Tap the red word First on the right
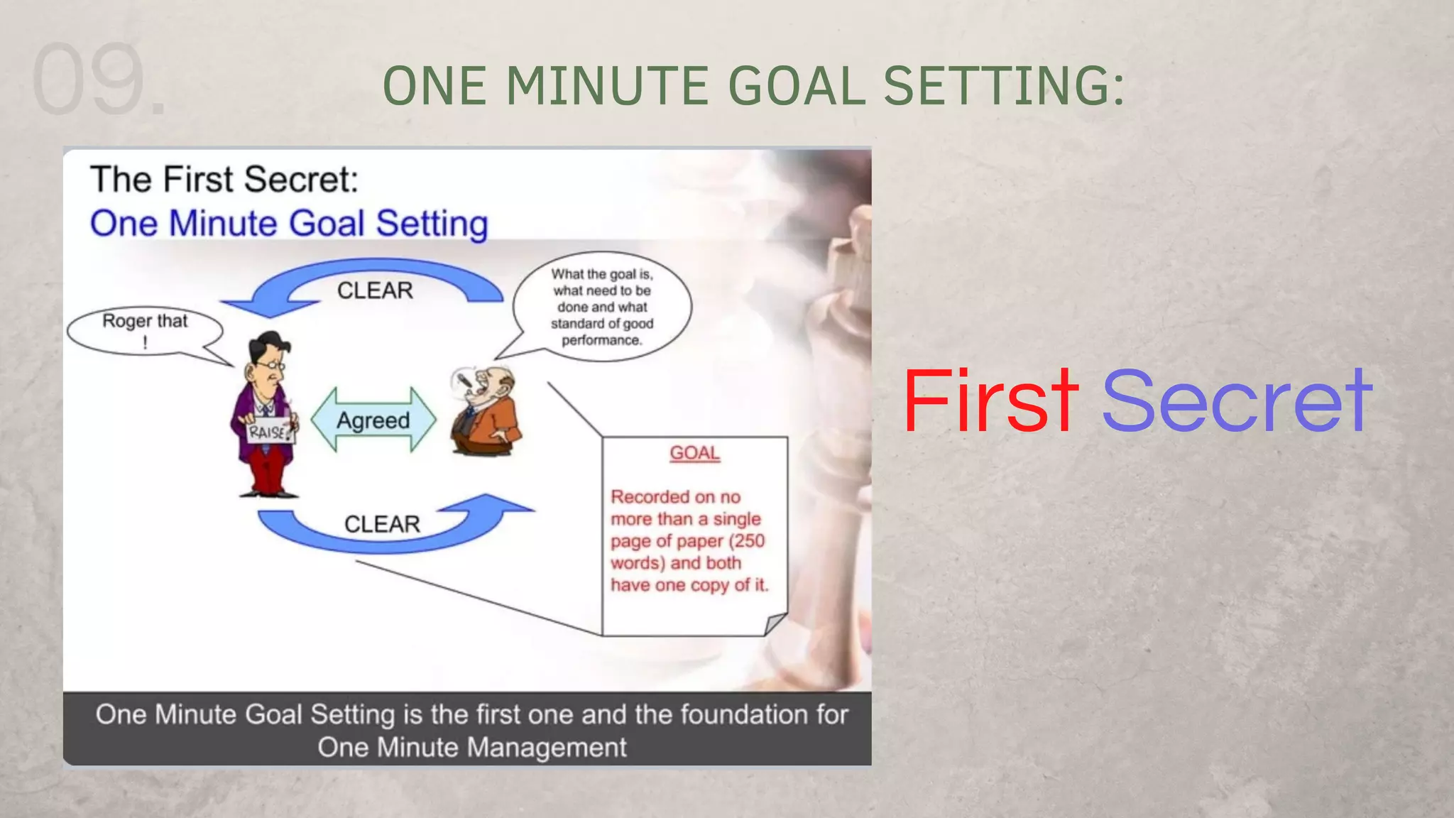click(x=991, y=400)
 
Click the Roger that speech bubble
click(x=145, y=330)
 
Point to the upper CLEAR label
click(x=375, y=290)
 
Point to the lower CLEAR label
click(x=382, y=524)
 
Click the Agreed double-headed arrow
click(x=373, y=420)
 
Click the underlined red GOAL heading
click(x=694, y=453)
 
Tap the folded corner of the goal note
click(x=775, y=623)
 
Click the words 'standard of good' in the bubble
click(x=602, y=324)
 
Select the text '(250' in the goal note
click(x=747, y=541)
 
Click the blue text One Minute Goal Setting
click(x=289, y=224)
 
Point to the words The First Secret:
click(x=224, y=179)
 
